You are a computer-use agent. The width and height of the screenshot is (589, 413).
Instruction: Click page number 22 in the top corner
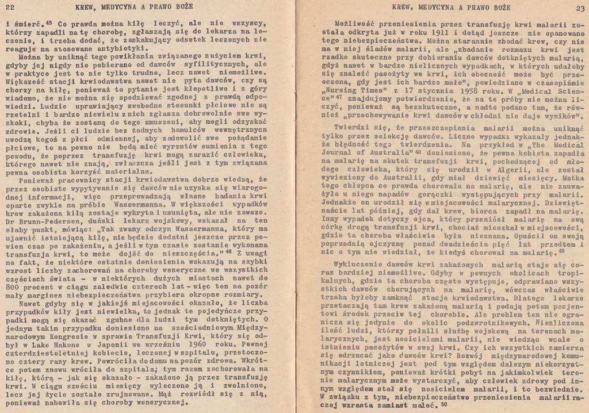point(9,7)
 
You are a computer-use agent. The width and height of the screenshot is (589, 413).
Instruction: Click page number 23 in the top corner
point(579,7)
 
